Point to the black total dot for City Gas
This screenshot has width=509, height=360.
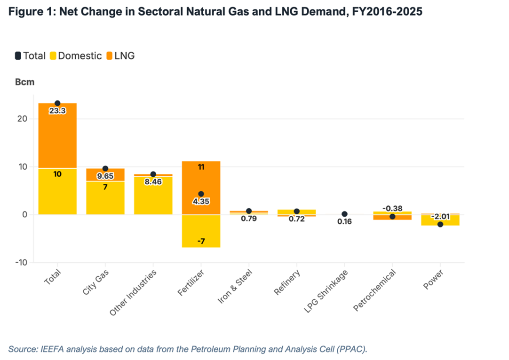tap(105, 169)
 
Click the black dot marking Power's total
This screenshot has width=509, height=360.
tap(440, 224)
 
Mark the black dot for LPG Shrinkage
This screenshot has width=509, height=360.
tap(344, 214)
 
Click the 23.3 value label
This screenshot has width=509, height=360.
tap(57, 111)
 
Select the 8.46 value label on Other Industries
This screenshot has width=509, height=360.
tap(153, 181)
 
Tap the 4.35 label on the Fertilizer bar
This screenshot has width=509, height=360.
tap(201, 202)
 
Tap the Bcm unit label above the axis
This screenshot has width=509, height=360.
tap(25, 82)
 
